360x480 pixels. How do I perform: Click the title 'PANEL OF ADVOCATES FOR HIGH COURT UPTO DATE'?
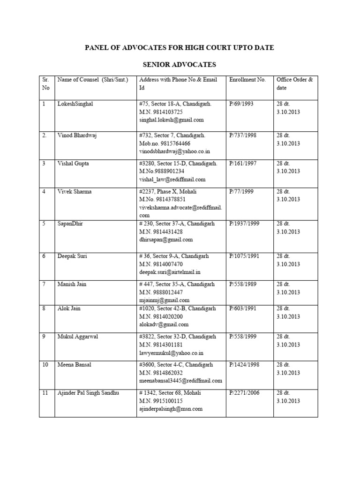[179, 48]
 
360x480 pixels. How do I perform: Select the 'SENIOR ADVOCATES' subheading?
[179, 64]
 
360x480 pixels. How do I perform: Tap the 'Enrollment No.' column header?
[247, 80]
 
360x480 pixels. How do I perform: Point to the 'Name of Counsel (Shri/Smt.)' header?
[93, 80]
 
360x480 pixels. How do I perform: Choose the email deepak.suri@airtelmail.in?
[170, 272]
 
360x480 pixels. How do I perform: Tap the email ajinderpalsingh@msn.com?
[171, 409]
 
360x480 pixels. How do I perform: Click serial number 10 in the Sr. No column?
[45, 364]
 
